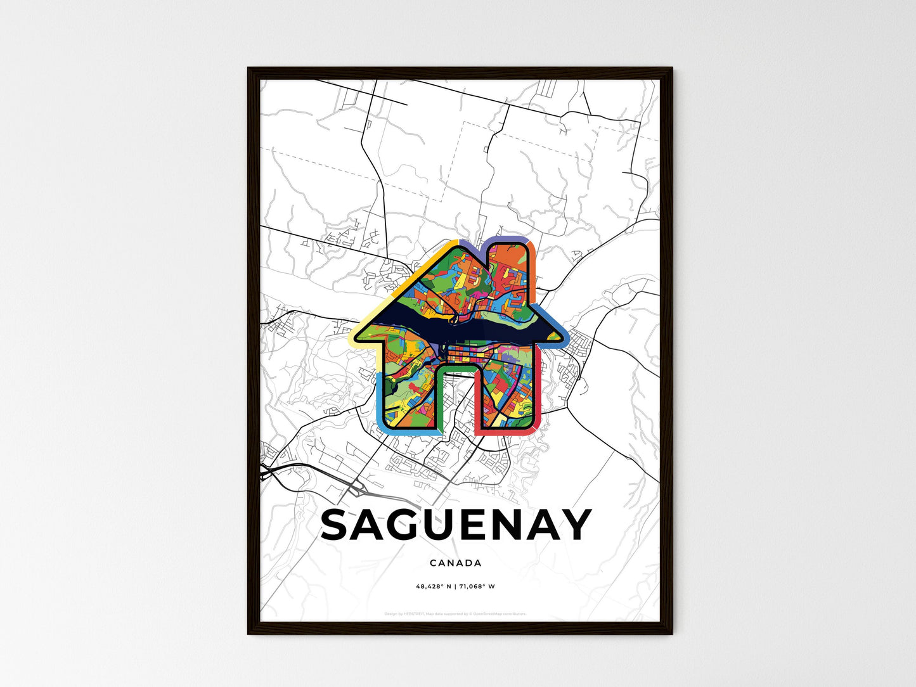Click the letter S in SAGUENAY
click(337, 525)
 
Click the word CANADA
click(455, 563)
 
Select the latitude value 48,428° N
click(434, 586)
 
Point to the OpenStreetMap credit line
click(455, 613)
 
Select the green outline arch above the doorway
click(457, 365)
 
